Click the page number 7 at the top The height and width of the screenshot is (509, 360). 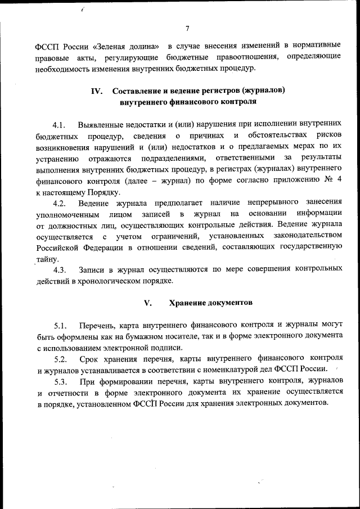point(187,30)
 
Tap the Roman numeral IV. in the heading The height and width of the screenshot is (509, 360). point(97,91)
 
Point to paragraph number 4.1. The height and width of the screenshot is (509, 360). point(60,124)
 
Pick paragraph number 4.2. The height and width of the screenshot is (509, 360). point(60,202)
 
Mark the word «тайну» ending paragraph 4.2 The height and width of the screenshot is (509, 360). point(47,258)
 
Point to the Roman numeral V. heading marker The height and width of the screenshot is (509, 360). point(148,303)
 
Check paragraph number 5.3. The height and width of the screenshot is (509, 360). point(60,380)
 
